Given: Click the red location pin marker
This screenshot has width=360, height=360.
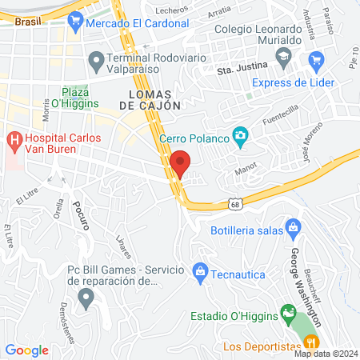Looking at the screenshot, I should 181,162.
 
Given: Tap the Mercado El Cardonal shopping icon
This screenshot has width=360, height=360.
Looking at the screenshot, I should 76,23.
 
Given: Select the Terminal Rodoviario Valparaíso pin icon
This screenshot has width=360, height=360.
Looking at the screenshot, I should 95,59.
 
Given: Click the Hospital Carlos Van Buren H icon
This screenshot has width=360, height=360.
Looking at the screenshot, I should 14,140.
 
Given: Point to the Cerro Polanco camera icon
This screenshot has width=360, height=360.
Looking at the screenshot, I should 238,134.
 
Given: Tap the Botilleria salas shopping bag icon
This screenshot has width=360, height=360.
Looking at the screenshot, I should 294,227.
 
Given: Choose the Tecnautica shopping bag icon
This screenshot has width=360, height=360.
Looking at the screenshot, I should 200,272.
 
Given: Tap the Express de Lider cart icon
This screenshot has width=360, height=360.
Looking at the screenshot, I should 316,59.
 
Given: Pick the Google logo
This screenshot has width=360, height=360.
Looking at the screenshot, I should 26,350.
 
